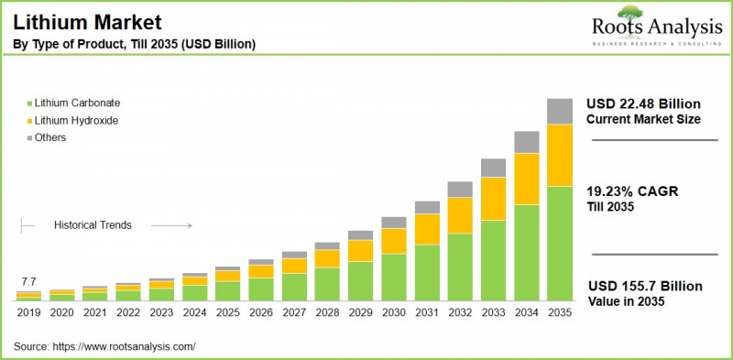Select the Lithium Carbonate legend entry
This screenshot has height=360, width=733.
(78, 103)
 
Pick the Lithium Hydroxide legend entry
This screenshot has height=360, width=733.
(77, 120)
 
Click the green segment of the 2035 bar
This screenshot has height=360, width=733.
(560, 243)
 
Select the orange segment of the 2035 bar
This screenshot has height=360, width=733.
(560, 155)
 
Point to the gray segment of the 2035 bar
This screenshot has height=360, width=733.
(560, 111)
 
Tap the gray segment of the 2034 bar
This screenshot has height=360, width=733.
(526, 141)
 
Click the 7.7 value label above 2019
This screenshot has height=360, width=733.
(28, 281)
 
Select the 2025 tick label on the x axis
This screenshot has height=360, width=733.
(227, 312)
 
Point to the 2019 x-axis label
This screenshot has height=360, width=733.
(28, 312)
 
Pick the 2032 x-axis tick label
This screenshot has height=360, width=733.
(460, 312)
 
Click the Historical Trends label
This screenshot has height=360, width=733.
(93, 224)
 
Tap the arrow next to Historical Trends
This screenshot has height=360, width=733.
(170, 224)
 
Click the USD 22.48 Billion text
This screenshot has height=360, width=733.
(644, 102)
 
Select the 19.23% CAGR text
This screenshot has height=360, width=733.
(631, 191)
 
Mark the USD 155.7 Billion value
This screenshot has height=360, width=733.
(644, 286)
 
